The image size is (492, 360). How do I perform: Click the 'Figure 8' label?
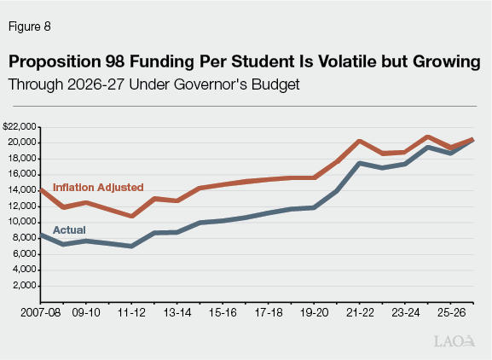point(30,26)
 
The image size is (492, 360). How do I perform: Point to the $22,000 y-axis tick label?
point(20,126)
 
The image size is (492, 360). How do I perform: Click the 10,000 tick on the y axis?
point(22,222)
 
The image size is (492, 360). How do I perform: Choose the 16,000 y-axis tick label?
point(22,174)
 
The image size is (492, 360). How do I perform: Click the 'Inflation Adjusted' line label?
point(98,187)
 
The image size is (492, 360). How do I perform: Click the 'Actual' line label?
point(68,229)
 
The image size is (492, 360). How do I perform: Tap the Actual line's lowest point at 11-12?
point(132,246)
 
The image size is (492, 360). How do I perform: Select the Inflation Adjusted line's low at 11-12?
point(132,216)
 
